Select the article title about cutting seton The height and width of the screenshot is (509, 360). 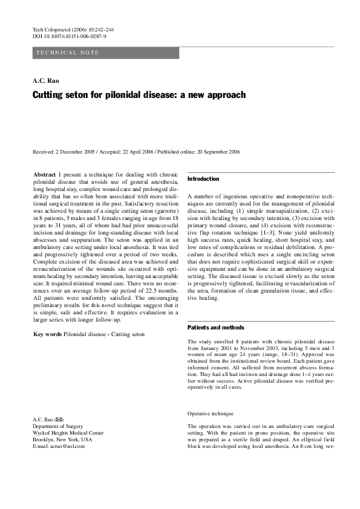coord(139,95)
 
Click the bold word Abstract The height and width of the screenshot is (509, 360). coord(44,174)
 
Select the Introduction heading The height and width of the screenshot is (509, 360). coord(203,180)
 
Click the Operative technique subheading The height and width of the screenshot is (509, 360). coord(211,413)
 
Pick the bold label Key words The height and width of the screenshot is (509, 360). coord(47,334)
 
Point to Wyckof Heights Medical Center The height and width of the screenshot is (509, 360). coord(68,433)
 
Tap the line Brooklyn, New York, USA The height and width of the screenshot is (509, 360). coord(62,440)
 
